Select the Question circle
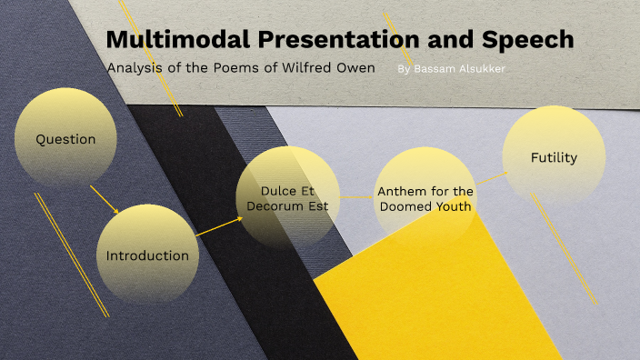65,139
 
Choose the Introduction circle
147,255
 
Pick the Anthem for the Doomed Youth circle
425,198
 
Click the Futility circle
554,157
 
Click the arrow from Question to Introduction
105,199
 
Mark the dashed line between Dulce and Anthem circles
356,195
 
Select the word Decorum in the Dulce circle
284,206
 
